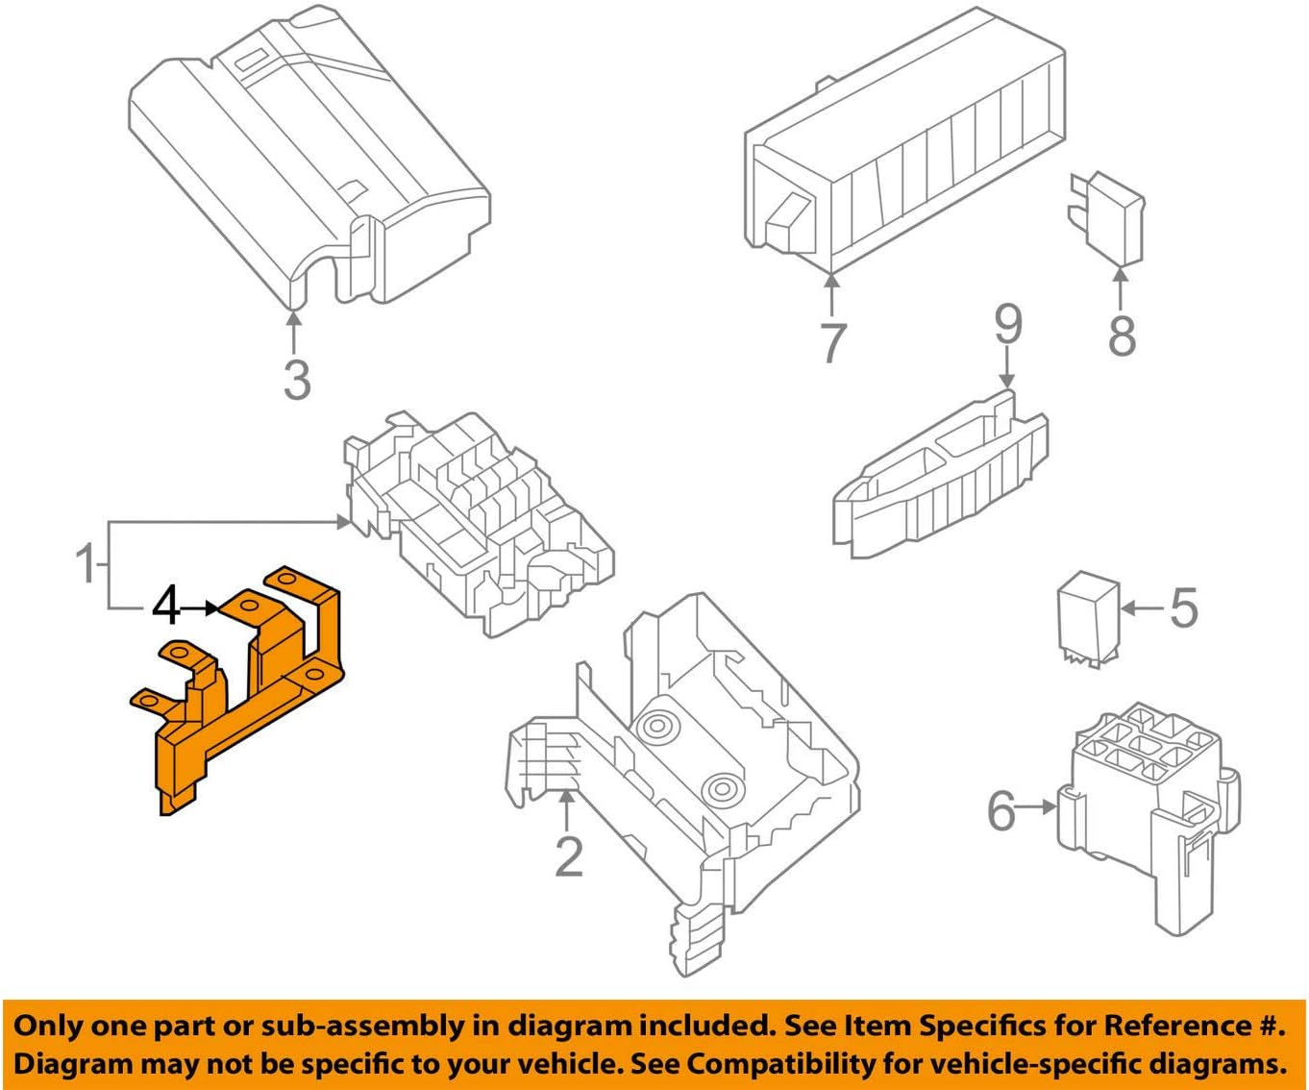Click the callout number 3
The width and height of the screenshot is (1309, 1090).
point(297,379)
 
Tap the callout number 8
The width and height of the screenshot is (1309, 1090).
point(1122,334)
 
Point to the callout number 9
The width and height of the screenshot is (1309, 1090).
point(1007,326)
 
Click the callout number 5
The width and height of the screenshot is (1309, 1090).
point(1183,607)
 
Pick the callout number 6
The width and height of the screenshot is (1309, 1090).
point(1002,809)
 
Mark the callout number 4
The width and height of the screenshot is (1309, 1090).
point(166,607)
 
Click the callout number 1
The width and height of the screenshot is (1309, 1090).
point(86,563)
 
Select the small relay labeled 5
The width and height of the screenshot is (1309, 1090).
point(1088,620)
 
